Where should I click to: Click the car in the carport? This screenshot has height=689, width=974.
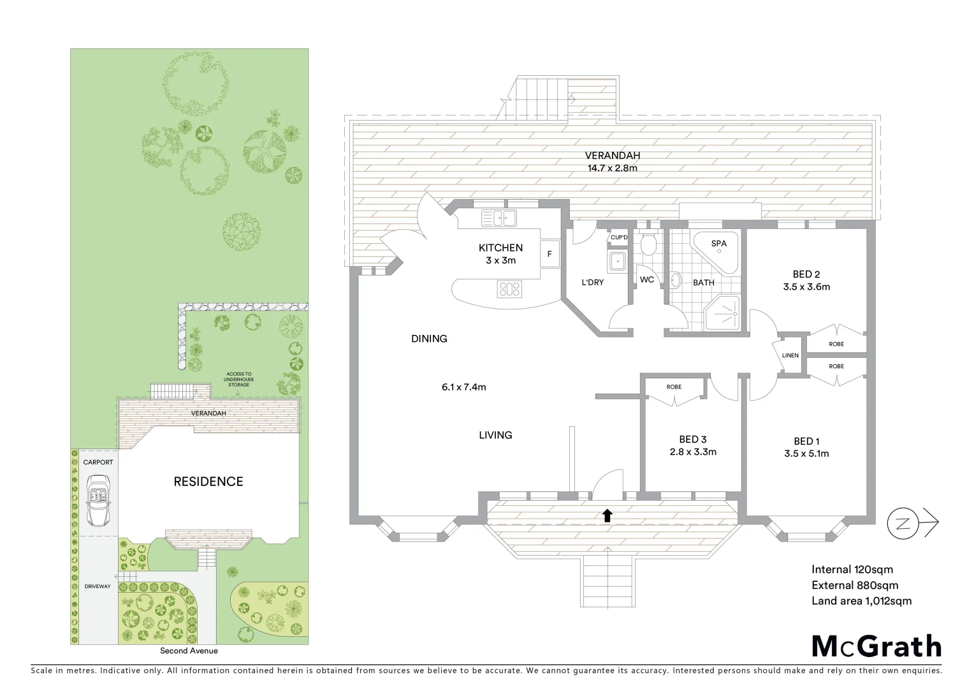click(98, 500)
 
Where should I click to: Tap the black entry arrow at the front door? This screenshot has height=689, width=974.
click(607, 515)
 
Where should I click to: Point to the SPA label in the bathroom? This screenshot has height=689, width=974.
click(718, 244)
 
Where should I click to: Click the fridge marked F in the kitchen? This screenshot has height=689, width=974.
click(549, 255)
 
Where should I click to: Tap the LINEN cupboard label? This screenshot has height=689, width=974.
click(790, 355)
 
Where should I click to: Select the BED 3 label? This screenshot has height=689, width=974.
click(692, 440)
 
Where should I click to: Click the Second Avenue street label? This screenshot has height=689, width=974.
click(189, 651)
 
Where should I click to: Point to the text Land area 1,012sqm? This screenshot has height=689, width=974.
click(861, 601)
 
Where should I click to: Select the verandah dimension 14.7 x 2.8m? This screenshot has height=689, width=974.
click(612, 168)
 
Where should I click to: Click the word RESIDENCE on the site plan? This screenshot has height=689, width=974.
click(208, 482)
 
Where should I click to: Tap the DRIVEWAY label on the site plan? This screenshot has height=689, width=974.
click(97, 586)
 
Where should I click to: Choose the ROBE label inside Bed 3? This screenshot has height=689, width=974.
click(674, 387)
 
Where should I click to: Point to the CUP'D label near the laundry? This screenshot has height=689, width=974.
click(618, 238)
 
